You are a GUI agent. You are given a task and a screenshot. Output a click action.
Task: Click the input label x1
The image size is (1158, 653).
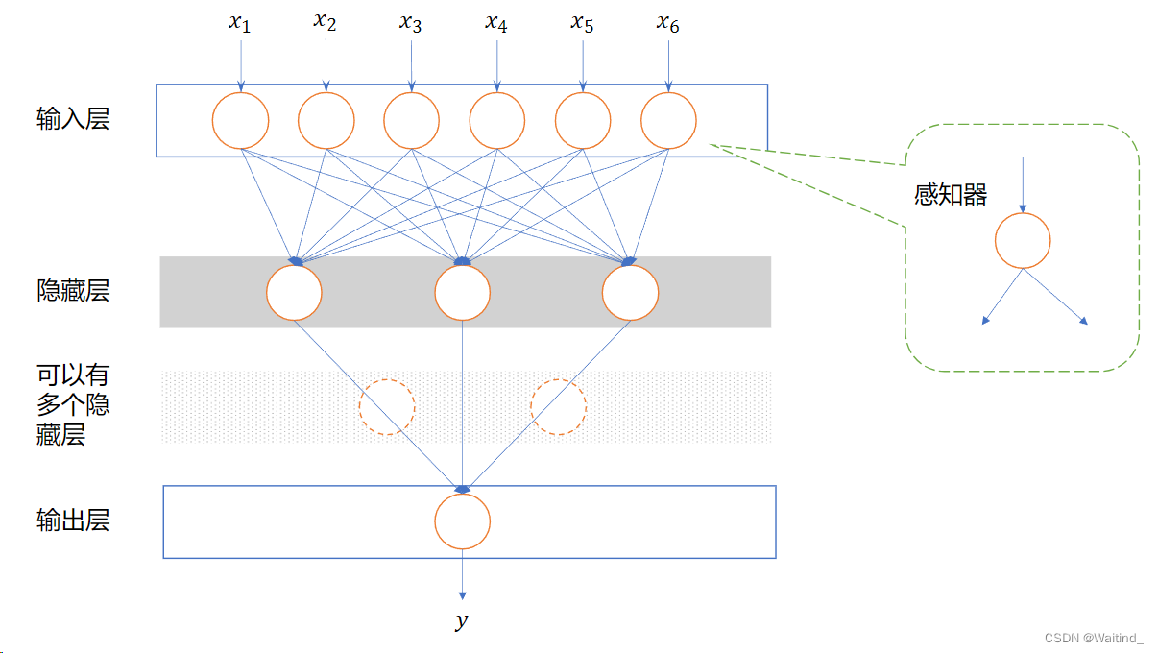click(240, 23)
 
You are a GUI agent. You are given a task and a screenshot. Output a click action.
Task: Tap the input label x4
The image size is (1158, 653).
click(496, 23)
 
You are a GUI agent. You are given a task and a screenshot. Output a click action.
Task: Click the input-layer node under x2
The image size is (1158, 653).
click(326, 121)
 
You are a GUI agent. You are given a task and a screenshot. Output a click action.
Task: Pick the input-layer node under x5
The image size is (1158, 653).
click(583, 121)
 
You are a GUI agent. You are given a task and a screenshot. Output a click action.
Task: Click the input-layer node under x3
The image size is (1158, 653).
click(412, 121)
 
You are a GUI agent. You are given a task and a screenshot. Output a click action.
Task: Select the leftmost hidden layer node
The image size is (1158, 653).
click(294, 293)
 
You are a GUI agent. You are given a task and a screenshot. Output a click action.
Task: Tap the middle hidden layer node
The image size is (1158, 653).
click(463, 293)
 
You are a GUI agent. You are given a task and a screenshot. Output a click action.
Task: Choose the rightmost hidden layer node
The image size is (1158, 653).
click(631, 293)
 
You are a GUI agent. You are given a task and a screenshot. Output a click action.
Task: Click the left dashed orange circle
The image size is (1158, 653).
click(387, 407)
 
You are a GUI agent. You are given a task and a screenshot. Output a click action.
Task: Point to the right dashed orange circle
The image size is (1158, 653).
click(559, 407)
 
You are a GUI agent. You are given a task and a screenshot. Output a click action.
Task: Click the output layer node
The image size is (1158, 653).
click(463, 521)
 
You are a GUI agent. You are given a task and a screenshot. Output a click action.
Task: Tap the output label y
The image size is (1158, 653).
click(462, 621)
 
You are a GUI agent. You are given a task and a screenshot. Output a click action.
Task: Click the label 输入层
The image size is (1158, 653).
click(73, 119)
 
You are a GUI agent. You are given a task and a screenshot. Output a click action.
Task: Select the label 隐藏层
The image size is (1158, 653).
click(73, 291)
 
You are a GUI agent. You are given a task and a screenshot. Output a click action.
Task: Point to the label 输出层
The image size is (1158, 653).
click(73, 520)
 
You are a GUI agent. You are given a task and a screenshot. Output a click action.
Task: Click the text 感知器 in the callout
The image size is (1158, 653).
click(951, 195)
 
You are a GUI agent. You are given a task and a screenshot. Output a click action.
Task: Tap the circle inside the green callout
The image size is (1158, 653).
click(1023, 240)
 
